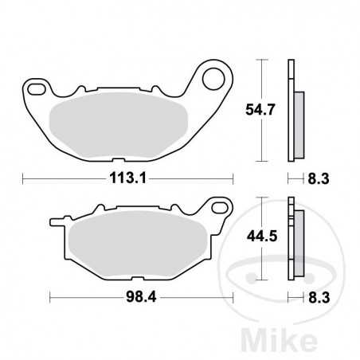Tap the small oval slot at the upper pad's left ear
pyautogui.click(x=36, y=86)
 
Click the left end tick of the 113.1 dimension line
pyautogui.click(x=22, y=179)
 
